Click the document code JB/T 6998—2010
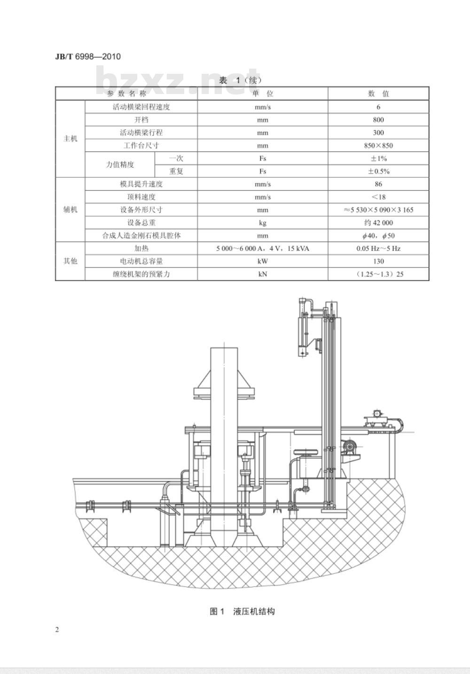pos(88,57)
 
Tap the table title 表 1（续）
pos(240,80)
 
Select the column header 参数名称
pos(126,94)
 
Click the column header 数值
pos(378,94)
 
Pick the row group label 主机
pos(70,139)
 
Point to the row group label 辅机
pos(70,210)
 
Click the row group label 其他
pos(70,261)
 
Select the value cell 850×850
pos(378,146)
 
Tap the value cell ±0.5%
pos(378,172)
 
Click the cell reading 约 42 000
pos(378,223)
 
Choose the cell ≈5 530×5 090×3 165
pos(378,210)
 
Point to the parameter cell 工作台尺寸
pos(141,146)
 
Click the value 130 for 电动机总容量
pos(378,261)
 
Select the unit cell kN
pos(262,274)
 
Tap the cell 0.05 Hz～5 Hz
pos(378,249)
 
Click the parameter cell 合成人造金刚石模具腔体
pos(141,235)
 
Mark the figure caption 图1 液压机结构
pos(242,611)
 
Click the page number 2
pos(57,630)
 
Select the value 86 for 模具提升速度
pos(378,184)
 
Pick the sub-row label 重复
pos(176,172)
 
